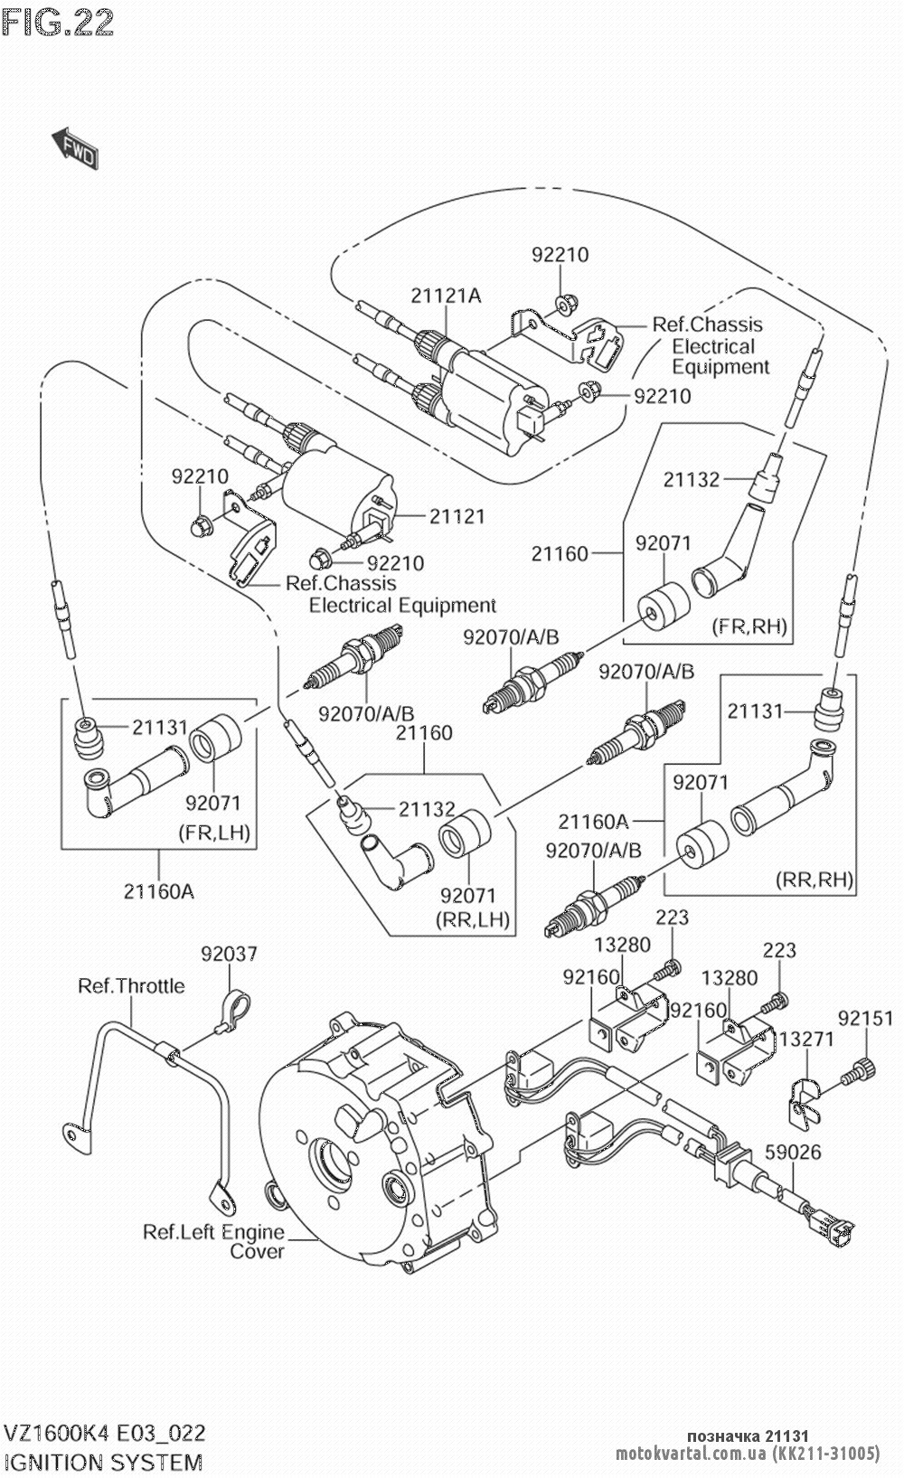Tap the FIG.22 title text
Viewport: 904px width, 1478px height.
[58, 23]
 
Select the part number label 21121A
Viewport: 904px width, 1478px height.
[446, 296]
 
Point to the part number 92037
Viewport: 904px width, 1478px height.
[229, 954]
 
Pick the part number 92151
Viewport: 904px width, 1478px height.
[865, 1019]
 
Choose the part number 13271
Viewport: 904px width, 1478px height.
[806, 1040]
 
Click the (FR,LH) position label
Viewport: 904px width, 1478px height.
[214, 832]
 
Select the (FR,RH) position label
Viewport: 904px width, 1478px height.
[749, 626]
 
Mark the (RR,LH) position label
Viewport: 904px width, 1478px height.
[472, 919]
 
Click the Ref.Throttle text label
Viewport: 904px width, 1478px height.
[131, 985]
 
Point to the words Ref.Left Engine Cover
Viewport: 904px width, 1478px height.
[214, 1242]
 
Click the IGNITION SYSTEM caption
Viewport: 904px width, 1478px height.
[103, 1461]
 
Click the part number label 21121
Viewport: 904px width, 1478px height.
[457, 516]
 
